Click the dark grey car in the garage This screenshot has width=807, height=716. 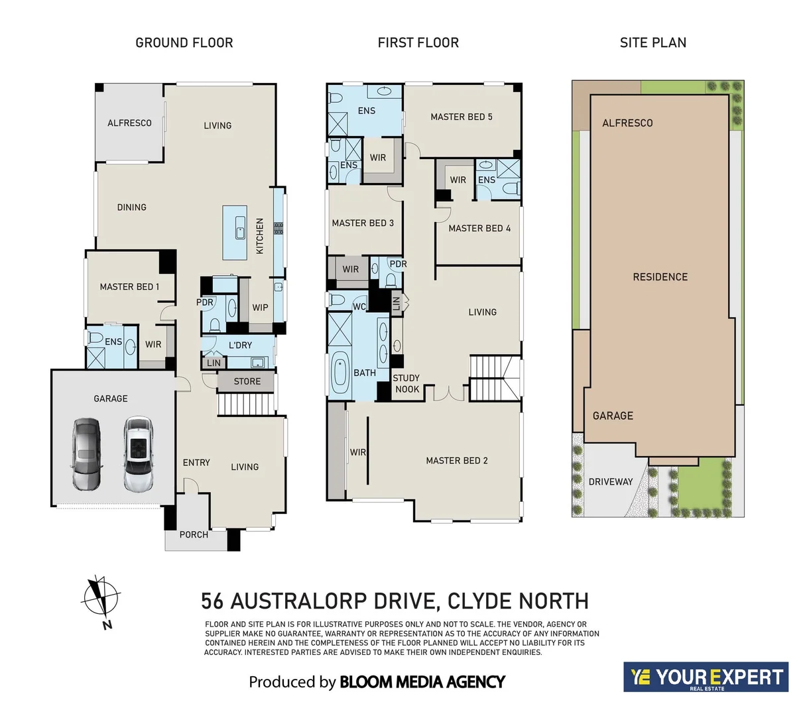tap(86, 453)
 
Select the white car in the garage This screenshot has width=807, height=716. tap(137, 453)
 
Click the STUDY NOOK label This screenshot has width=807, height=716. tap(406, 384)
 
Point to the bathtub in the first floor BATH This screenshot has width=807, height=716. tap(340, 373)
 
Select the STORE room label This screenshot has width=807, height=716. tap(247, 381)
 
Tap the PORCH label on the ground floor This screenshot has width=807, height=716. tap(194, 534)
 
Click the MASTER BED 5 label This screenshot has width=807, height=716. tap(461, 117)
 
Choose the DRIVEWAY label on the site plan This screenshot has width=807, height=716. tap(610, 482)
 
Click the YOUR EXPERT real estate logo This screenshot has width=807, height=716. tap(706, 677)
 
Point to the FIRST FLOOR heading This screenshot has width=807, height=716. tap(418, 43)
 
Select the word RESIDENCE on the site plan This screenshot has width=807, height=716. tap(660, 277)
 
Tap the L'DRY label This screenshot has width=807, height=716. tap(240, 345)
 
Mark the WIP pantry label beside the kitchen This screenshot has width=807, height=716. tap(260, 308)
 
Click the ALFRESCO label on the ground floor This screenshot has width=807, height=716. tap(129, 123)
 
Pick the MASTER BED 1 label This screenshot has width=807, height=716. tap(129, 287)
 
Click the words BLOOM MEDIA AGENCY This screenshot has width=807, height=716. tap(422, 682)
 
